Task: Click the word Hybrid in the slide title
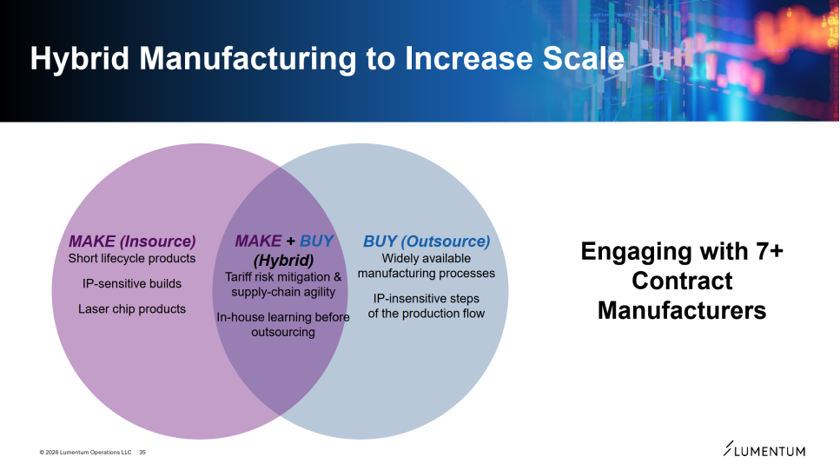point(80,58)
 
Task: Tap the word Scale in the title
point(584,58)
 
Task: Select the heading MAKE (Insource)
point(132,242)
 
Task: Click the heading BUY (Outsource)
point(427,242)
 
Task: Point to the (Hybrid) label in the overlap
point(283,261)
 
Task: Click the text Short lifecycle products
point(132,258)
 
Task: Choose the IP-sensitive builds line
point(132,283)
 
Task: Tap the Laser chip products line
point(132,308)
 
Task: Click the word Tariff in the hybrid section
point(240,277)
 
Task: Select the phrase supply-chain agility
point(283,292)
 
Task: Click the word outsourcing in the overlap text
point(283,332)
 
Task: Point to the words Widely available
point(427,258)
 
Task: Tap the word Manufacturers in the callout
point(682,310)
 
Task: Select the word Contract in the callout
point(682,281)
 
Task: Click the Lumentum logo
point(764,449)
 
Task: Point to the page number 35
point(142,453)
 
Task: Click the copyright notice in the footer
point(85,453)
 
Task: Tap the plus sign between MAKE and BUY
point(290,242)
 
